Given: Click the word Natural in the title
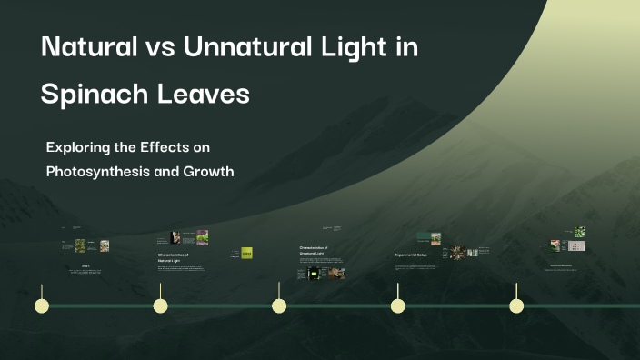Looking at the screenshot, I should [91, 48].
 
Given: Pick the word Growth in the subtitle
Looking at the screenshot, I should [208, 170].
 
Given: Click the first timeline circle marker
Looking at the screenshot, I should [42, 305].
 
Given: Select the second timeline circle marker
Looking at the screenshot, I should [160, 305].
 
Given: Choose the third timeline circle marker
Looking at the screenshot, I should [279, 305].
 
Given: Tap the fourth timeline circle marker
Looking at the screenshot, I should [397, 305].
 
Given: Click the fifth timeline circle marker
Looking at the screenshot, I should [516, 305].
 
